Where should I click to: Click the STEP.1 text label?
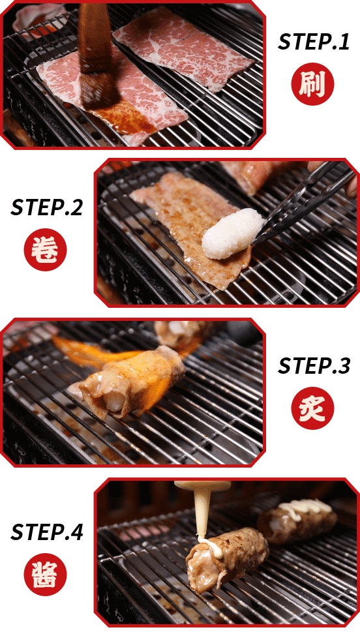(313, 42)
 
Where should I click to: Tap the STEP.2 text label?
(46, 207)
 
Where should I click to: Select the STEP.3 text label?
(313, 366)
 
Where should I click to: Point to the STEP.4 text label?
(46, 532)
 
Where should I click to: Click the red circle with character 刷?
(312, 84)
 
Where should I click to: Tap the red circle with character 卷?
(45, 249)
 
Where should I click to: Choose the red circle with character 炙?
(312, 408)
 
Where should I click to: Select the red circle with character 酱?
(45, 574)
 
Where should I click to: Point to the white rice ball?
(232, 234)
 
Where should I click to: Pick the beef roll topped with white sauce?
(297, 520)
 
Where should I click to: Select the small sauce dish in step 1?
(38, 18)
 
